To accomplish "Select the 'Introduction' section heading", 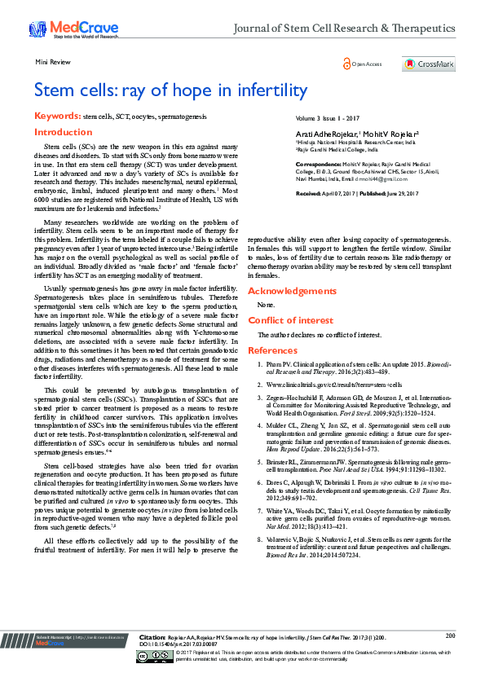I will (63, 132).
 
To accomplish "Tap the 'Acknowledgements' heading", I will (291, 290).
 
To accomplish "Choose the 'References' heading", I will (272, 350).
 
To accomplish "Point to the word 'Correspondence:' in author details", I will (317, 163).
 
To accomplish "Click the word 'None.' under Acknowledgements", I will (265, 305).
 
